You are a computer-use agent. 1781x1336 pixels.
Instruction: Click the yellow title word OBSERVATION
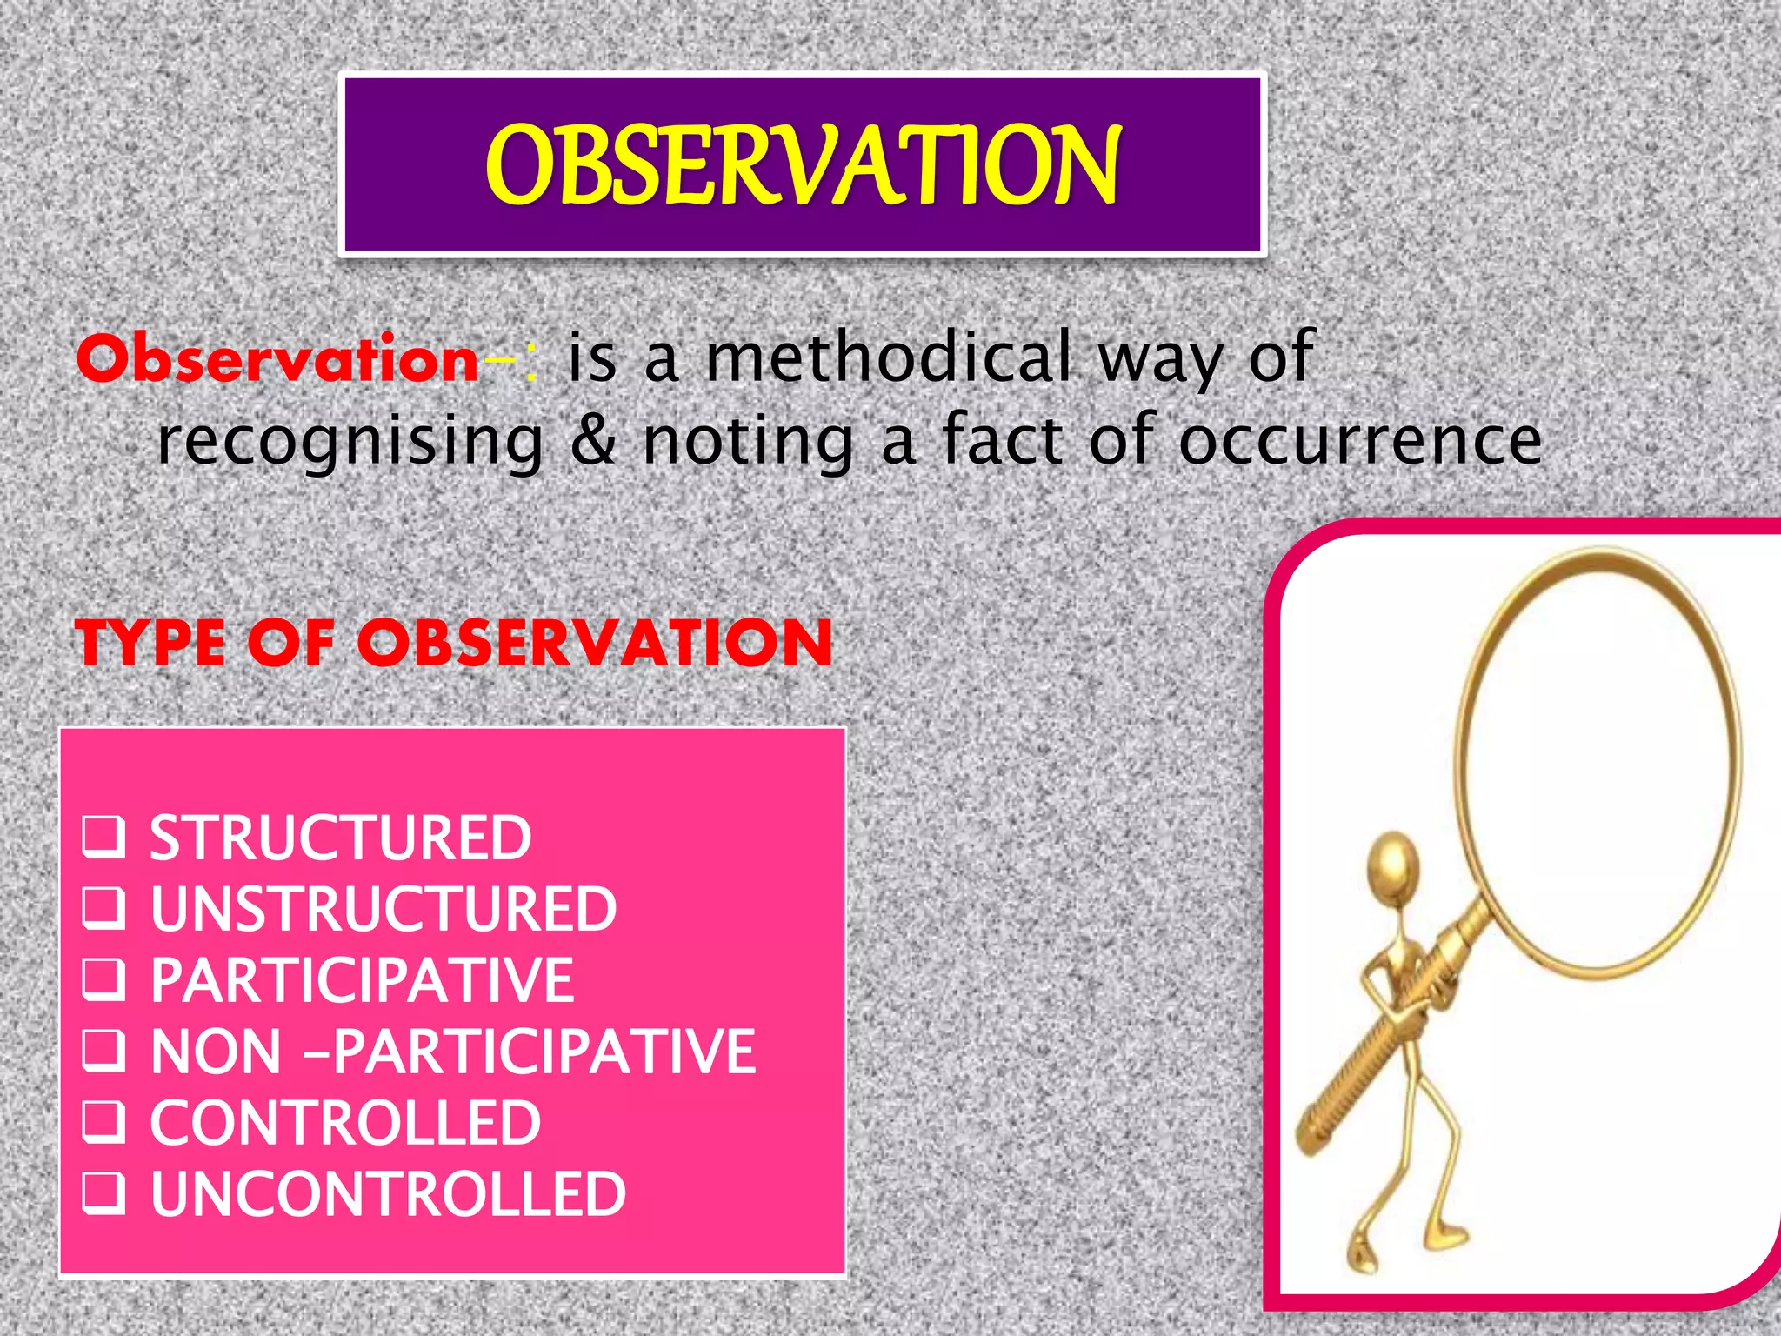pos(802,165)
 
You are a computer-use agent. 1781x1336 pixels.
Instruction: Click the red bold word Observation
pos(277,359)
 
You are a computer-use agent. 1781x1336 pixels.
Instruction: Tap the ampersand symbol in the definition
pos(592,441)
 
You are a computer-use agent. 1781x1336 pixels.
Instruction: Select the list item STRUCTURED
pos(340,838)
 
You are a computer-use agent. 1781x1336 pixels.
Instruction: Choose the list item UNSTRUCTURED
pos(384,910)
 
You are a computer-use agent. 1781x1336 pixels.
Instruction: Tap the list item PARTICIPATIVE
pos(362,981)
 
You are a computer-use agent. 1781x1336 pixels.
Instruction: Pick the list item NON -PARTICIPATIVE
pos(452,1052)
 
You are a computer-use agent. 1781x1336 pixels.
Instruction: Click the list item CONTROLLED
pos(345,1123)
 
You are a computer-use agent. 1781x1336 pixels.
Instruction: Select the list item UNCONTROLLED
pos(388,1194)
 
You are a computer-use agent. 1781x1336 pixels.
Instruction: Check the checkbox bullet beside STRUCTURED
pos(103,838)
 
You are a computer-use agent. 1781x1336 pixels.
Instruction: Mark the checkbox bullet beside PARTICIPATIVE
pos(103,979)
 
